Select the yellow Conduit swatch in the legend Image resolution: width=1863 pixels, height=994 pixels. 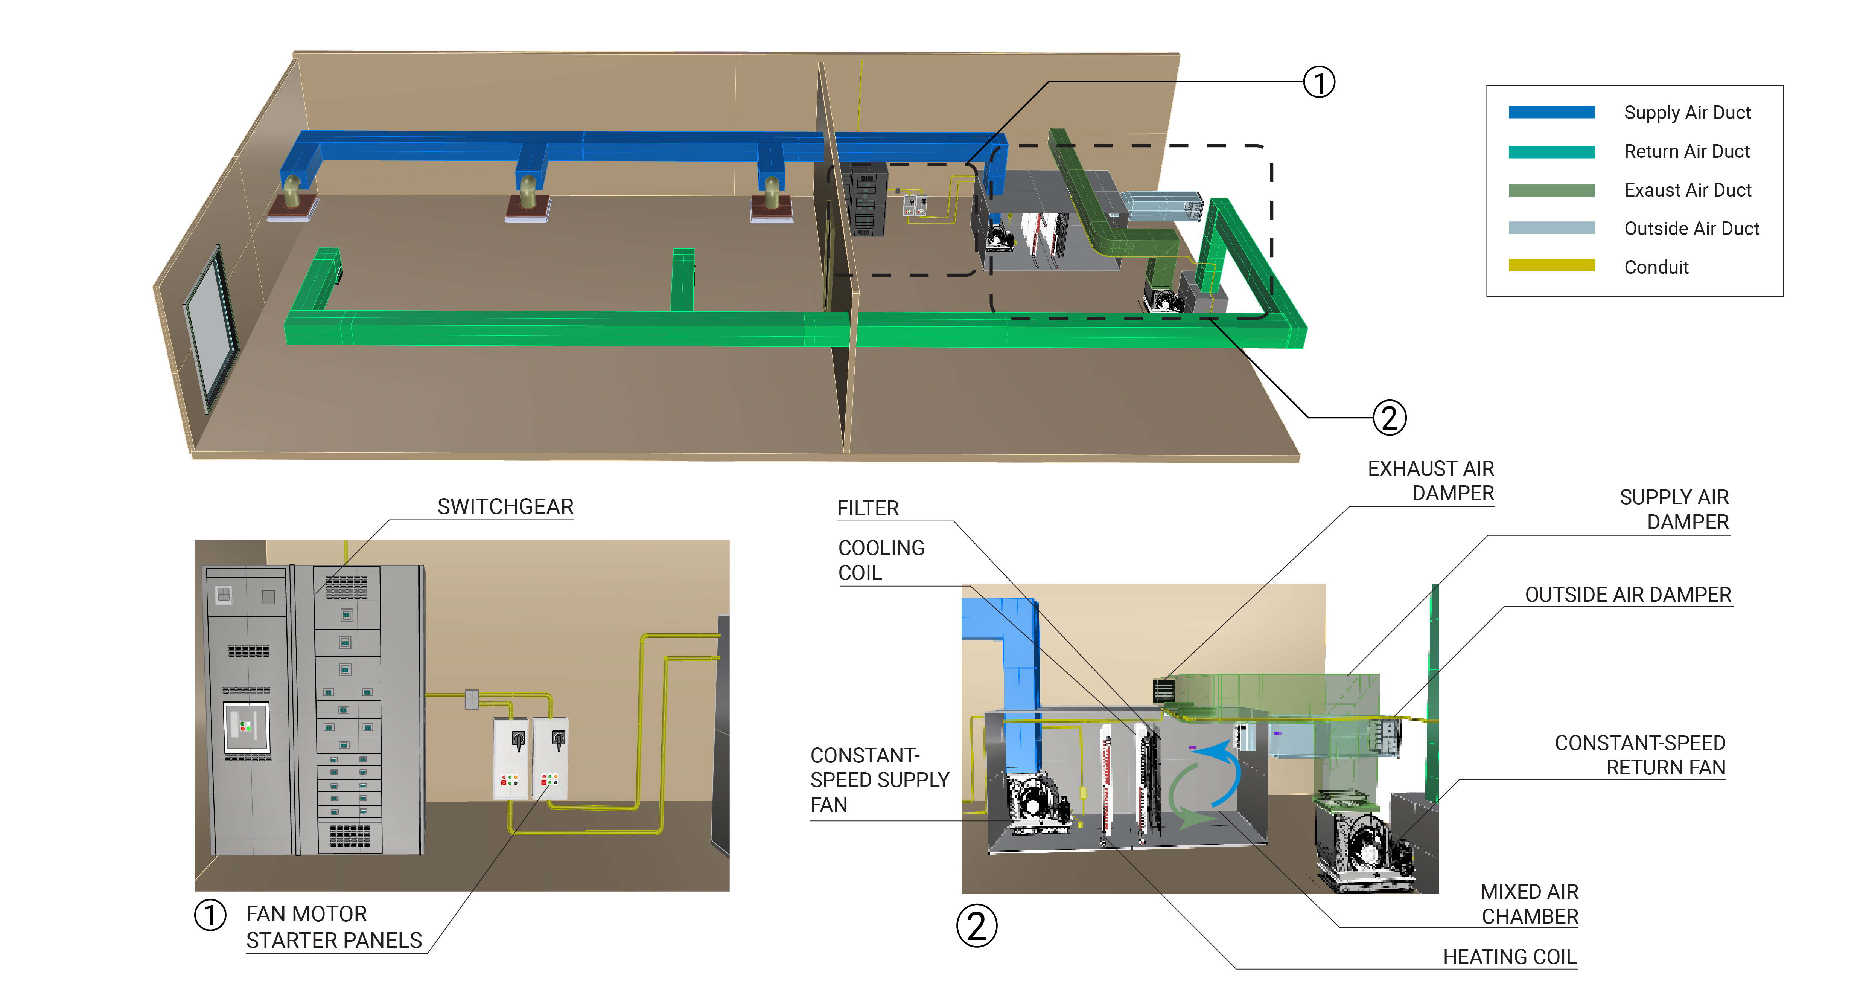[1551, 265]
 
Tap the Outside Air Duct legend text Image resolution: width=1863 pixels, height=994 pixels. [1691, 229]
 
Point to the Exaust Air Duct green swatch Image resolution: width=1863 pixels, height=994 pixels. [1551, 190]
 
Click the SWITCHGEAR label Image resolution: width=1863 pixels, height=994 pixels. [505, 506]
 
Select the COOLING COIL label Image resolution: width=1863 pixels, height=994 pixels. [880, 560]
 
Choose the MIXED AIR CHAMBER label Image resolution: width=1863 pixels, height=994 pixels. [1529, 904]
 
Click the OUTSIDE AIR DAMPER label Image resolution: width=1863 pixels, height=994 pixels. [1627, 595]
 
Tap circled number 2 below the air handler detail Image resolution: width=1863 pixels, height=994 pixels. [976, 926]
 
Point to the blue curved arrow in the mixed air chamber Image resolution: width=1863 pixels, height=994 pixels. [1222, 774]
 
